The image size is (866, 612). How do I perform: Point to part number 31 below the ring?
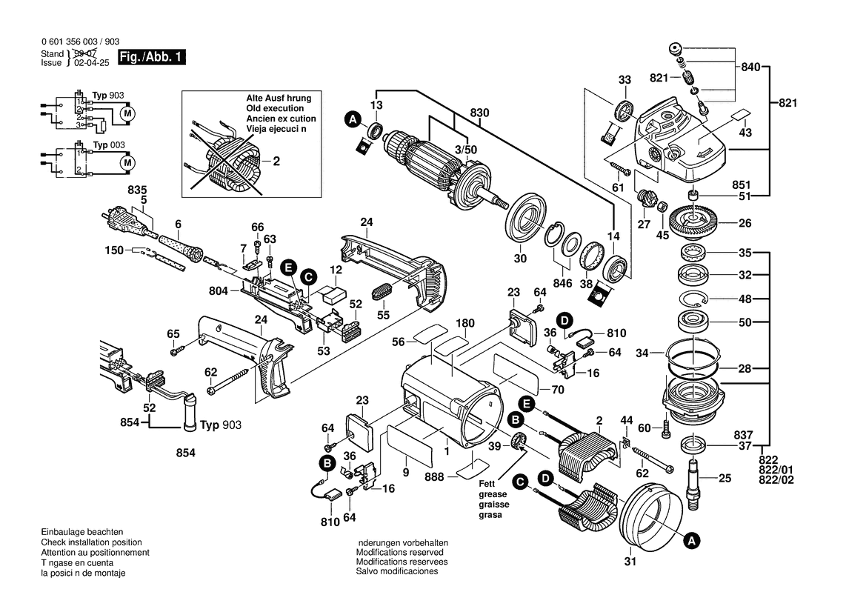click(x=630, y=561)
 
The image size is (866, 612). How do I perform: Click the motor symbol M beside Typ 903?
click(x=127, y=113)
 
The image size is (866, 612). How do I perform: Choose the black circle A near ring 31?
click(x=690, y=542)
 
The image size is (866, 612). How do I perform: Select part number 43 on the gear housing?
click(x=745, y=132)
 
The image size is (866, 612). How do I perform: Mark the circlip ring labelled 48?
click(x=694, y=300)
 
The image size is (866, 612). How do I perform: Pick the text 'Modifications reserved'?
click(x=399, y=553)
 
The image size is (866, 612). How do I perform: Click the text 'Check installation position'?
click(x=96, y=543)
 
